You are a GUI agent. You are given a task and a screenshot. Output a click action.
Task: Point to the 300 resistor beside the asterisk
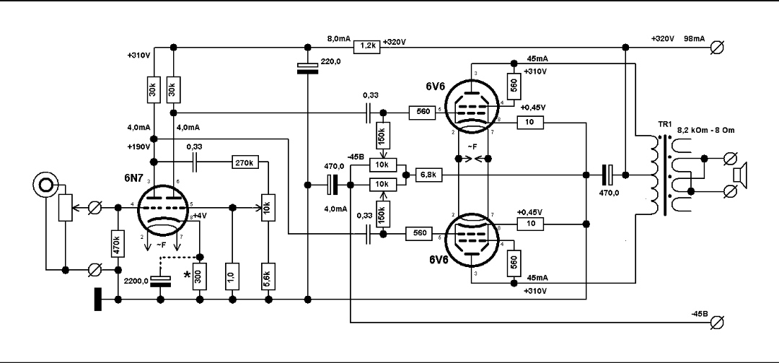200,277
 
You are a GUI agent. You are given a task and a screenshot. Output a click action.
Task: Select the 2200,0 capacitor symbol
160,281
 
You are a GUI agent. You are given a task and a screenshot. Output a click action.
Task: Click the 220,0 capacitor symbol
308,69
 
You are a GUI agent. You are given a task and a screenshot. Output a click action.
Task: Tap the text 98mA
693,38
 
